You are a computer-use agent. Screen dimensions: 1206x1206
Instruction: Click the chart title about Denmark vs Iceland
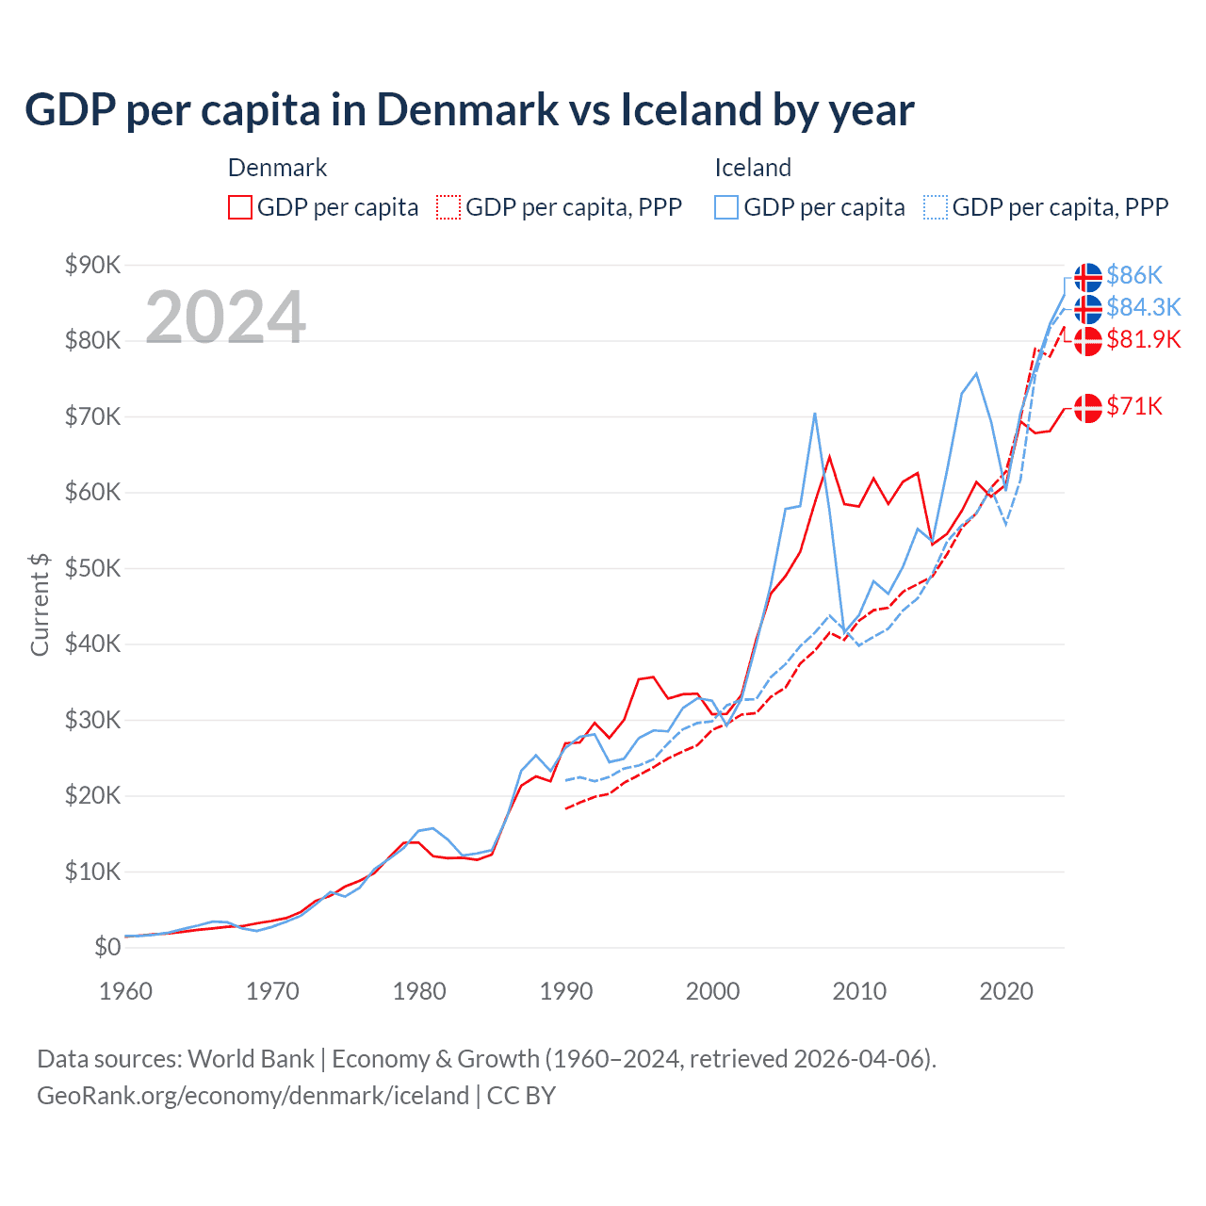[x=469, y=109]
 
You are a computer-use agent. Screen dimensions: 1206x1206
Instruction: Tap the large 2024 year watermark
[x=225, y=318]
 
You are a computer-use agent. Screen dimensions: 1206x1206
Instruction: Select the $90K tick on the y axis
[x=92, y=265]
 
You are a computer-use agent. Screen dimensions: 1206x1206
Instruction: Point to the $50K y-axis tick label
[x=92, y=568]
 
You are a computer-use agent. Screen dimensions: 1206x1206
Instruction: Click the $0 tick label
[x=107, y=947]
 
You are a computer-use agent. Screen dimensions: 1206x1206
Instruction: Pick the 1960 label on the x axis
[x=125, y=991]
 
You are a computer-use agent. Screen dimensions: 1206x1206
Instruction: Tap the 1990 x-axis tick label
[x=566, y=991]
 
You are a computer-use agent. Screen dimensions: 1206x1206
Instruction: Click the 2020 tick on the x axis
[x=1006, y=991]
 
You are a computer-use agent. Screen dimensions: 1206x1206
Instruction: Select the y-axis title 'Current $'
[x=40, y=604]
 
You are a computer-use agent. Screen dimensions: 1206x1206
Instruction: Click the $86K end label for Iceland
[x=1134, y=275]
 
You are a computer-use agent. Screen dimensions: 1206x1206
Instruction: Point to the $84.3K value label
[x=1143, y=307]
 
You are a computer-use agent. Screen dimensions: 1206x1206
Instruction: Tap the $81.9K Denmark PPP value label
[x=1143, y=339]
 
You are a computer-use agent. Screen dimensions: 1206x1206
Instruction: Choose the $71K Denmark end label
[x=1134, y=406]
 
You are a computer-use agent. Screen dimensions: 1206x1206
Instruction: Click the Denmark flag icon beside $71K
[x=1088, y=408]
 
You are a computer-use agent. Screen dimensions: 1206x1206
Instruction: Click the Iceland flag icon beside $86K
[x=1088, y=277]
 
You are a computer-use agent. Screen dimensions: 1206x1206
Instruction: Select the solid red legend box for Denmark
[x=240, y=207]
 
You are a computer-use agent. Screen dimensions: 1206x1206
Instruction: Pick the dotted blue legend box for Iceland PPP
[x=936, y=207]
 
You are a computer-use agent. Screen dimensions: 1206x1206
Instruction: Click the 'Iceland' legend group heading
[x=752, y=168]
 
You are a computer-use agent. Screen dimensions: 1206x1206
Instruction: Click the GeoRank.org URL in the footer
[x=253, y=1096]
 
